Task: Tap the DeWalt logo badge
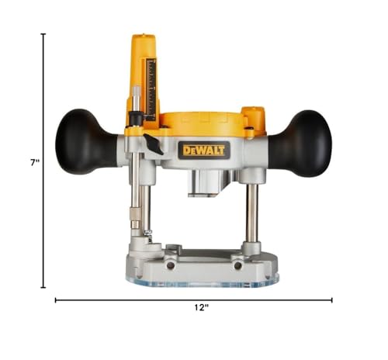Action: pyautogui.click(x=204, y=151)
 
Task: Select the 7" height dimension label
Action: pyautogui.click(x=35, y=163)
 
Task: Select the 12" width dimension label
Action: pyautogui.click(x=202, y=307)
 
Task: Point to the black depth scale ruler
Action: pyautogui.click(x=151, y=89)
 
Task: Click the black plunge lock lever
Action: pyautogui.click(x=153, y=144)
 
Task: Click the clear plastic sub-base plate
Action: pyautogui.click(x=203, y=282)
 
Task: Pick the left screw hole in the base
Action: pyautogui.click(x=170, y=265)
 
